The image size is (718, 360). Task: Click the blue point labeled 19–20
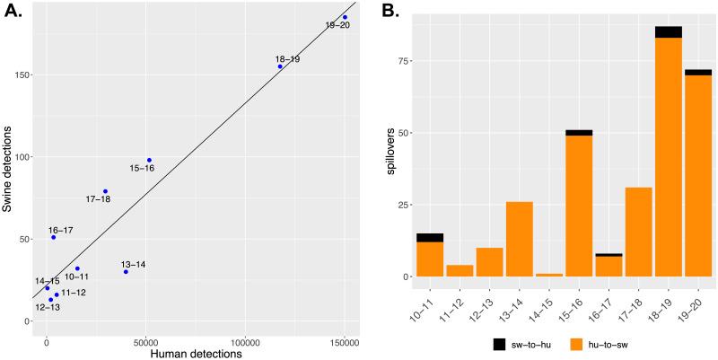click(x=345, y=17)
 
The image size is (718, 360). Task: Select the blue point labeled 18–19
click(x=280, y=66)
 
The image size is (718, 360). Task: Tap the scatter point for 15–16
click(x=149, y=161)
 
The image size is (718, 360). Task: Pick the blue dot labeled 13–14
click(x=126, y=271)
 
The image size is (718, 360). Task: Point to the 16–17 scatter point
click(x=54, y=237)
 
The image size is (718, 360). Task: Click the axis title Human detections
click(x=195, y=354)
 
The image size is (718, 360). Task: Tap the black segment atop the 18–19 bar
click(x=669, y=32)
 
